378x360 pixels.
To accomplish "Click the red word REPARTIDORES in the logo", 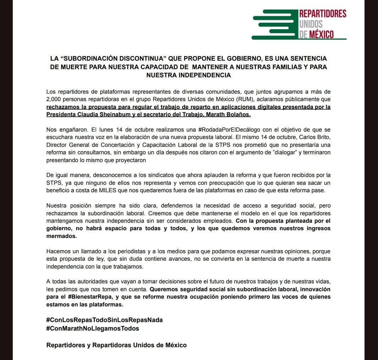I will (323, 14).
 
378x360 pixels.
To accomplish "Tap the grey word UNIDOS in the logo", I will (311, 24).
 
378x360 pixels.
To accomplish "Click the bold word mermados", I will (61, 236).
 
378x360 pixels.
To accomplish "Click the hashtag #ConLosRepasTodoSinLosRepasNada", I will (104, 320).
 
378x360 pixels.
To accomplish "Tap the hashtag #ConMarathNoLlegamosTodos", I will (93, 328).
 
